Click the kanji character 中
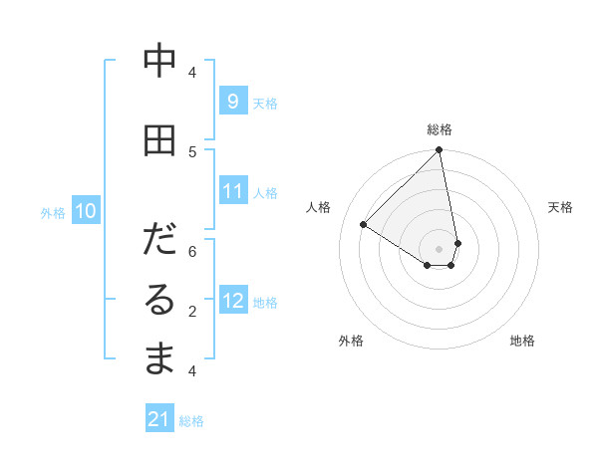[x=159, y=62]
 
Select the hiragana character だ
[x=159, y=241]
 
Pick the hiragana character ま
[x=159, y=359]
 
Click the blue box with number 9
[x=232, y=102]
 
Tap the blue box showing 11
[x=232, y=191]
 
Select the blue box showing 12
[x=232, y=301]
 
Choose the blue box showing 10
[x=85, y=211]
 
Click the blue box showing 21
[x=159, y=419]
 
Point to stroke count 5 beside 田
[x=192, y=151]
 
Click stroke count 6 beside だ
[x=192, y=251]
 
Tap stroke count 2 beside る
[x=192, y=311]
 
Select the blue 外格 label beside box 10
[x=52, y=212]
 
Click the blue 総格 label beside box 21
[x=191, y=420]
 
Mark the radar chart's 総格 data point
[x=439, y=151]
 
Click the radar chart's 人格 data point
[x=364, y=225]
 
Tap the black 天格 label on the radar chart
[x=560, y=207]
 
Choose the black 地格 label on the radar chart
[x=522, y=341]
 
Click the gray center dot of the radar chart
[x=439, y=249]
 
